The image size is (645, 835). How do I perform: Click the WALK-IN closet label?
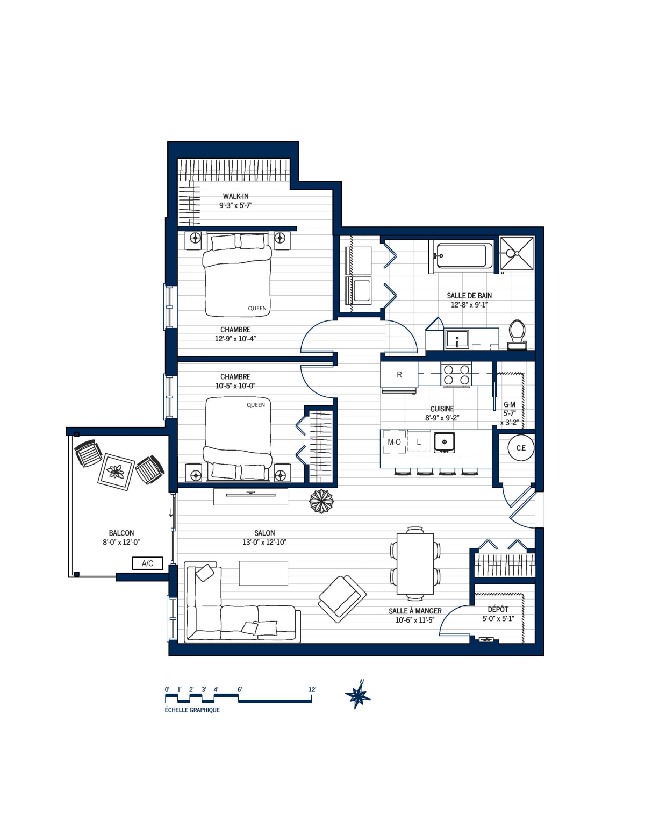[235, 196]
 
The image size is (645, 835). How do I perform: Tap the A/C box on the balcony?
[147, 563]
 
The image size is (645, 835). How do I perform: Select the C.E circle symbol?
[521, 448]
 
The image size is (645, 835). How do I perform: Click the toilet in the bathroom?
[517, 334]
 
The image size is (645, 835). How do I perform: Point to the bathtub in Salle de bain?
[463, 255]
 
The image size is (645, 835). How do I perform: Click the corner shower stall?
[517, 253]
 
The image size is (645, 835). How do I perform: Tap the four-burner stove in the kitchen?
[456, 374]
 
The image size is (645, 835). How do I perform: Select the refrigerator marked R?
[399, 375]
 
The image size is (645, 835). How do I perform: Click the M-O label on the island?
[394, 442]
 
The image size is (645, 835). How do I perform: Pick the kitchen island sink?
[445, 442]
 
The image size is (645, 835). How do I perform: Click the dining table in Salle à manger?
[415, 563]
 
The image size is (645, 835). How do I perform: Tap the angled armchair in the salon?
[342, 598]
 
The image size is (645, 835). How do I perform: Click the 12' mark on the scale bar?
[312, 690]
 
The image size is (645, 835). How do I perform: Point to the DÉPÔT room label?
[498, 609]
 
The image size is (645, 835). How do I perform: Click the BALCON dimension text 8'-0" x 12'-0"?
[121, 543]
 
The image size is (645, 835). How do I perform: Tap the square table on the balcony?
[116, 472]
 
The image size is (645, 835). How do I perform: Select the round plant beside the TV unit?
[321, 501]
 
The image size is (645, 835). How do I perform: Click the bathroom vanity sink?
[457, 339]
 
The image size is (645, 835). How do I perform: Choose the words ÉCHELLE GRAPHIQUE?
[192, 710]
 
